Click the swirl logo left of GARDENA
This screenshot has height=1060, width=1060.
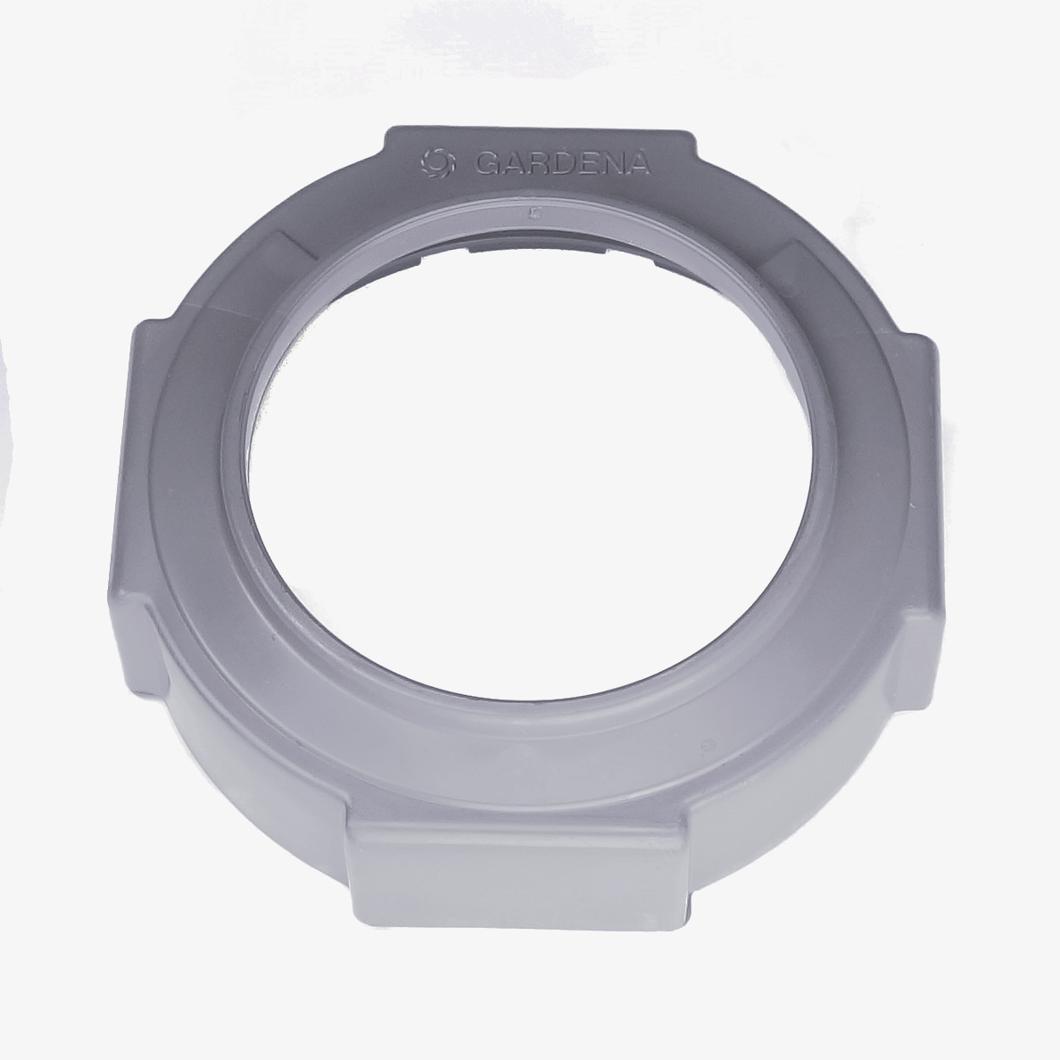(x=434, y=161)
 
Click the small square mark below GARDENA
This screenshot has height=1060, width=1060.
(x=532, y=213)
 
